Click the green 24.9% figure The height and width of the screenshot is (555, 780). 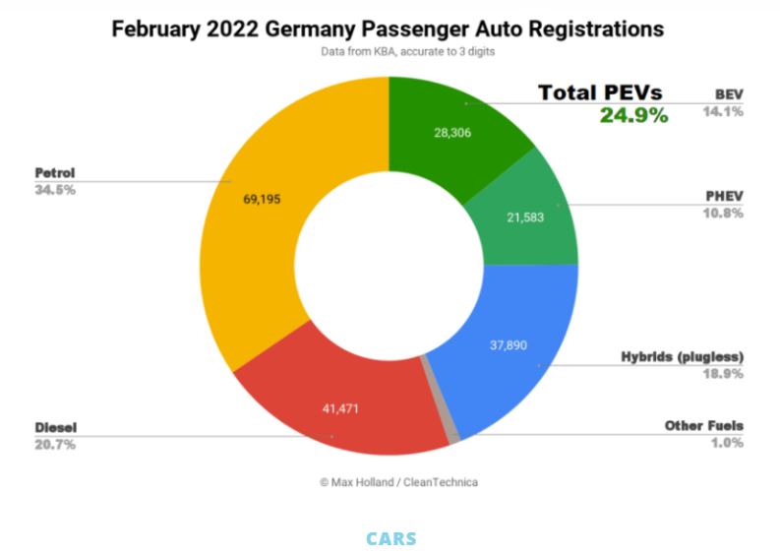click(633, 116)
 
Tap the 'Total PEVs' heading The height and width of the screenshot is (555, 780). click(600, 92)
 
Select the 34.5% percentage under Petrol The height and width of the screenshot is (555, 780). click(55, 189)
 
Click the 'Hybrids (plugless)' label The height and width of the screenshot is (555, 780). click(682, 356)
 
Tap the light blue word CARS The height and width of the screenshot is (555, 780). click(390, 539)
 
